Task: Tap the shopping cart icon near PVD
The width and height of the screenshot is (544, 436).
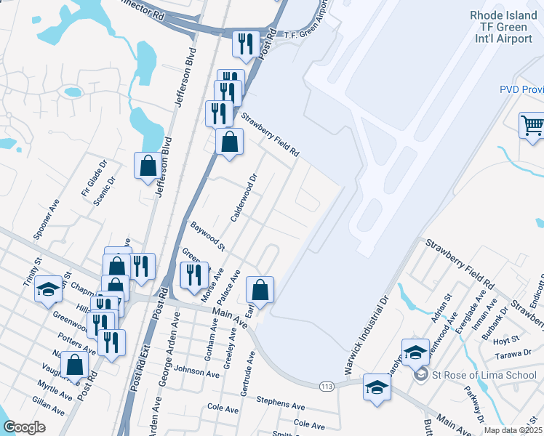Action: click(x=532, y=126)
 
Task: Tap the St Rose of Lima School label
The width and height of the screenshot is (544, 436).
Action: click(x=475, y=375)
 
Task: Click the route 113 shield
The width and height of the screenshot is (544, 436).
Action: click(x=327, y=387)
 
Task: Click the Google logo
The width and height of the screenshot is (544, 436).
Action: click(x=24, y=427)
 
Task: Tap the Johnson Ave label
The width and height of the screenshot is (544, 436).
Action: click(x=196, y=374)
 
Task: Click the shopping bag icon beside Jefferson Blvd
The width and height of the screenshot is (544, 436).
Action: click(x=148, y=166)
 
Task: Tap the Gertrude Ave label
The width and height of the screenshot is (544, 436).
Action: click(x=249, y=375)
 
